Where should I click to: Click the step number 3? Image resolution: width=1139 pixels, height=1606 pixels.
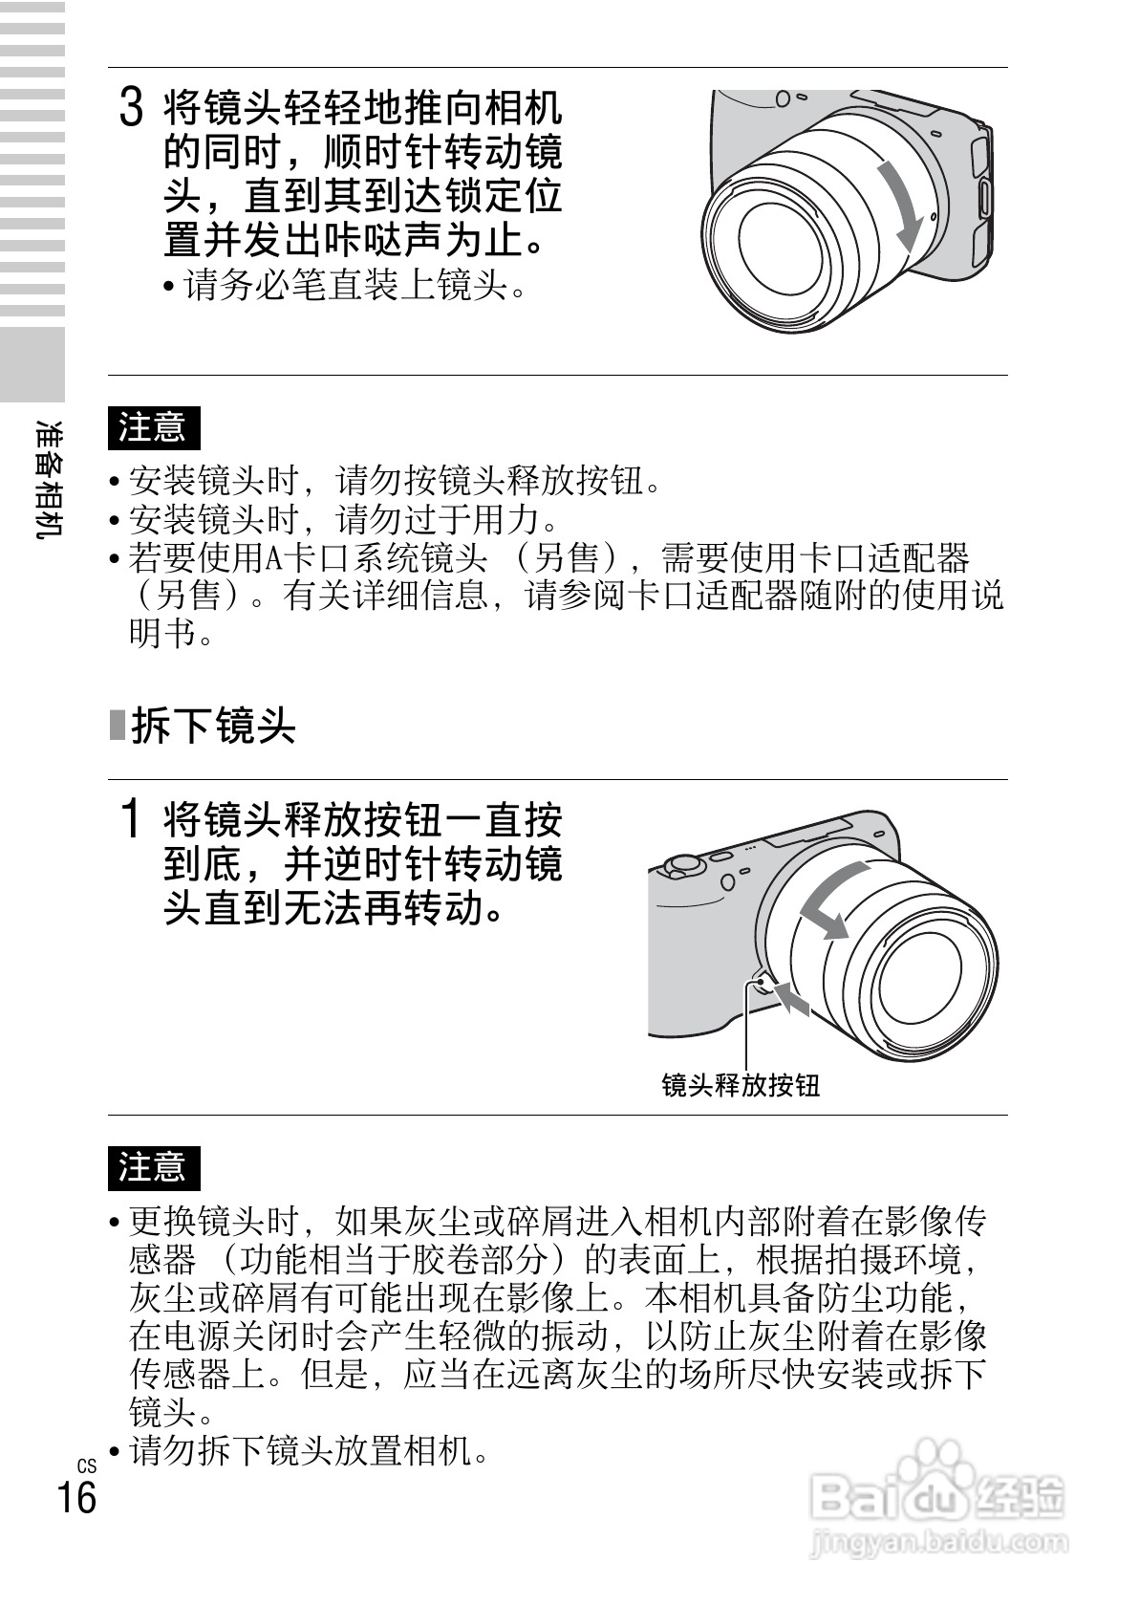pyautogui.click(x=132, y=107)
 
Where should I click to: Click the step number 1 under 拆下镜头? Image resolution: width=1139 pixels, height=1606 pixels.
pyautogui.click(x=131, y=818)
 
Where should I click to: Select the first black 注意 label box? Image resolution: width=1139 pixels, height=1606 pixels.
pyautogui.click(x=154, y=428)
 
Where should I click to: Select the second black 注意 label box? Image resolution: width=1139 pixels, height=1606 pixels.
pyautogui.click(x=154, y=1167)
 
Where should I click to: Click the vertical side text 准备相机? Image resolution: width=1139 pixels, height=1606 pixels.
pyautogui.click(x=49, y=478)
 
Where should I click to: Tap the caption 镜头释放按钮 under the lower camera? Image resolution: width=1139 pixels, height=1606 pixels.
pyautogui.click(x=741, y=1086)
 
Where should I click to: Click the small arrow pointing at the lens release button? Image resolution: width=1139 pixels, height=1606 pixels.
pyautogui.click(x=792, y=997)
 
